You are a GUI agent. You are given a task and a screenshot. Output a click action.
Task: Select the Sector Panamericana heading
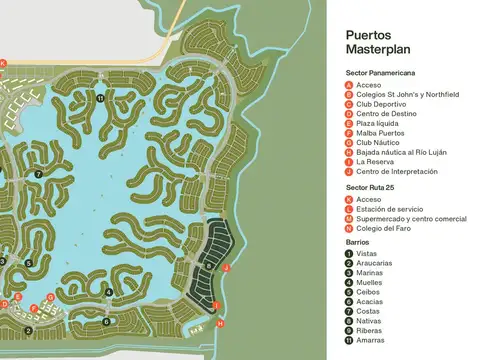coord(380,73)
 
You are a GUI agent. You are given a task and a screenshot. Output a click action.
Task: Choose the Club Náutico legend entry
coord(377,141)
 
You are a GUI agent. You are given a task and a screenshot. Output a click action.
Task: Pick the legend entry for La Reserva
coord(374,160)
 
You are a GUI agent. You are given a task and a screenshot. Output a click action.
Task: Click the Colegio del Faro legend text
coord(384,227)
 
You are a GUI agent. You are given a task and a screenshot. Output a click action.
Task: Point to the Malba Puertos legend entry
coord(380,131)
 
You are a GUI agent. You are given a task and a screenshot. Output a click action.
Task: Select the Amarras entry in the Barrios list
coord(371,340)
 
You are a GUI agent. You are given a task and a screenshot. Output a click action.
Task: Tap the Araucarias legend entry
coord(375,263)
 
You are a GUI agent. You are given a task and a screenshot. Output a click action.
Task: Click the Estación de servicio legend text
coord(388,208)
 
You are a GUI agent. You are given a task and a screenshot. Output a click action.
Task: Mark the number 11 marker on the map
coord(101,98)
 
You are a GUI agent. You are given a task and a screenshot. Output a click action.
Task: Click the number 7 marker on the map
coord(38,174)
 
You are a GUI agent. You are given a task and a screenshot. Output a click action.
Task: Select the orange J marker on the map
coord(227,268)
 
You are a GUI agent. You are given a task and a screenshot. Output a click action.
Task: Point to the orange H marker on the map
coord(220,324)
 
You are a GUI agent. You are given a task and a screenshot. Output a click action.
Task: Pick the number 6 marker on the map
coord(106,321)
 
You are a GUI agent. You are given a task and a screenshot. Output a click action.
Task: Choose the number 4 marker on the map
coord(108,292)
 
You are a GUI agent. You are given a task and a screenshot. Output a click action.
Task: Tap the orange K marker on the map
coord(3,62)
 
